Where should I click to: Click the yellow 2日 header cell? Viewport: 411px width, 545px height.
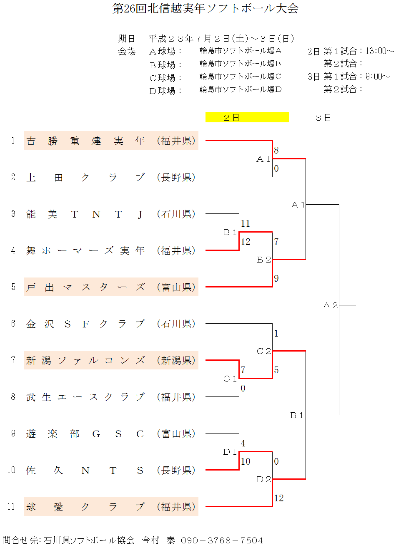[247, 117]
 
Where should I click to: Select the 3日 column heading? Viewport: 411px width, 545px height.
[323, 118]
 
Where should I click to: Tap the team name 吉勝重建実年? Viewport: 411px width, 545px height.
[85, 141]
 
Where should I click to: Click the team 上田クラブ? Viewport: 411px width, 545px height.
[85, 178]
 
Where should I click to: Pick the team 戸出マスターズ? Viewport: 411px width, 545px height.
[85, 287]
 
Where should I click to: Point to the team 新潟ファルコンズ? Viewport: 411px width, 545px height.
[85, 360]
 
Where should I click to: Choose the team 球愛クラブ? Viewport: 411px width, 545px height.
[85, 507]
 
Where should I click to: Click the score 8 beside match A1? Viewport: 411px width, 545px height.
[276, 150]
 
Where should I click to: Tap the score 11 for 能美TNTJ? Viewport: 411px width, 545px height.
[245, 223]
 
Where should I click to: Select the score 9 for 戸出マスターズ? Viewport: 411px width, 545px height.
[276, 278]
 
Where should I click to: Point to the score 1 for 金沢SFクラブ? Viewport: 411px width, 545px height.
[276, 333]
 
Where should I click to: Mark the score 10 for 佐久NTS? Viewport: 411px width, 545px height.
[246, 461]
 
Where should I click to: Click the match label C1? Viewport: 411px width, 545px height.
[230, 379]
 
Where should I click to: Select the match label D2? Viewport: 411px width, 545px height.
[264, 479]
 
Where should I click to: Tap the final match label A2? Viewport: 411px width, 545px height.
[330, 305]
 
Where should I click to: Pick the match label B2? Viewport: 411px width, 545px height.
[264, 260]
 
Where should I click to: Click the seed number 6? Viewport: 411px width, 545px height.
[13, 324]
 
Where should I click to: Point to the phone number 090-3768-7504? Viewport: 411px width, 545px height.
[222, 540]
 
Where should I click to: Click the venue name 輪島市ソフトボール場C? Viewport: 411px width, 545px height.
[241, 77]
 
